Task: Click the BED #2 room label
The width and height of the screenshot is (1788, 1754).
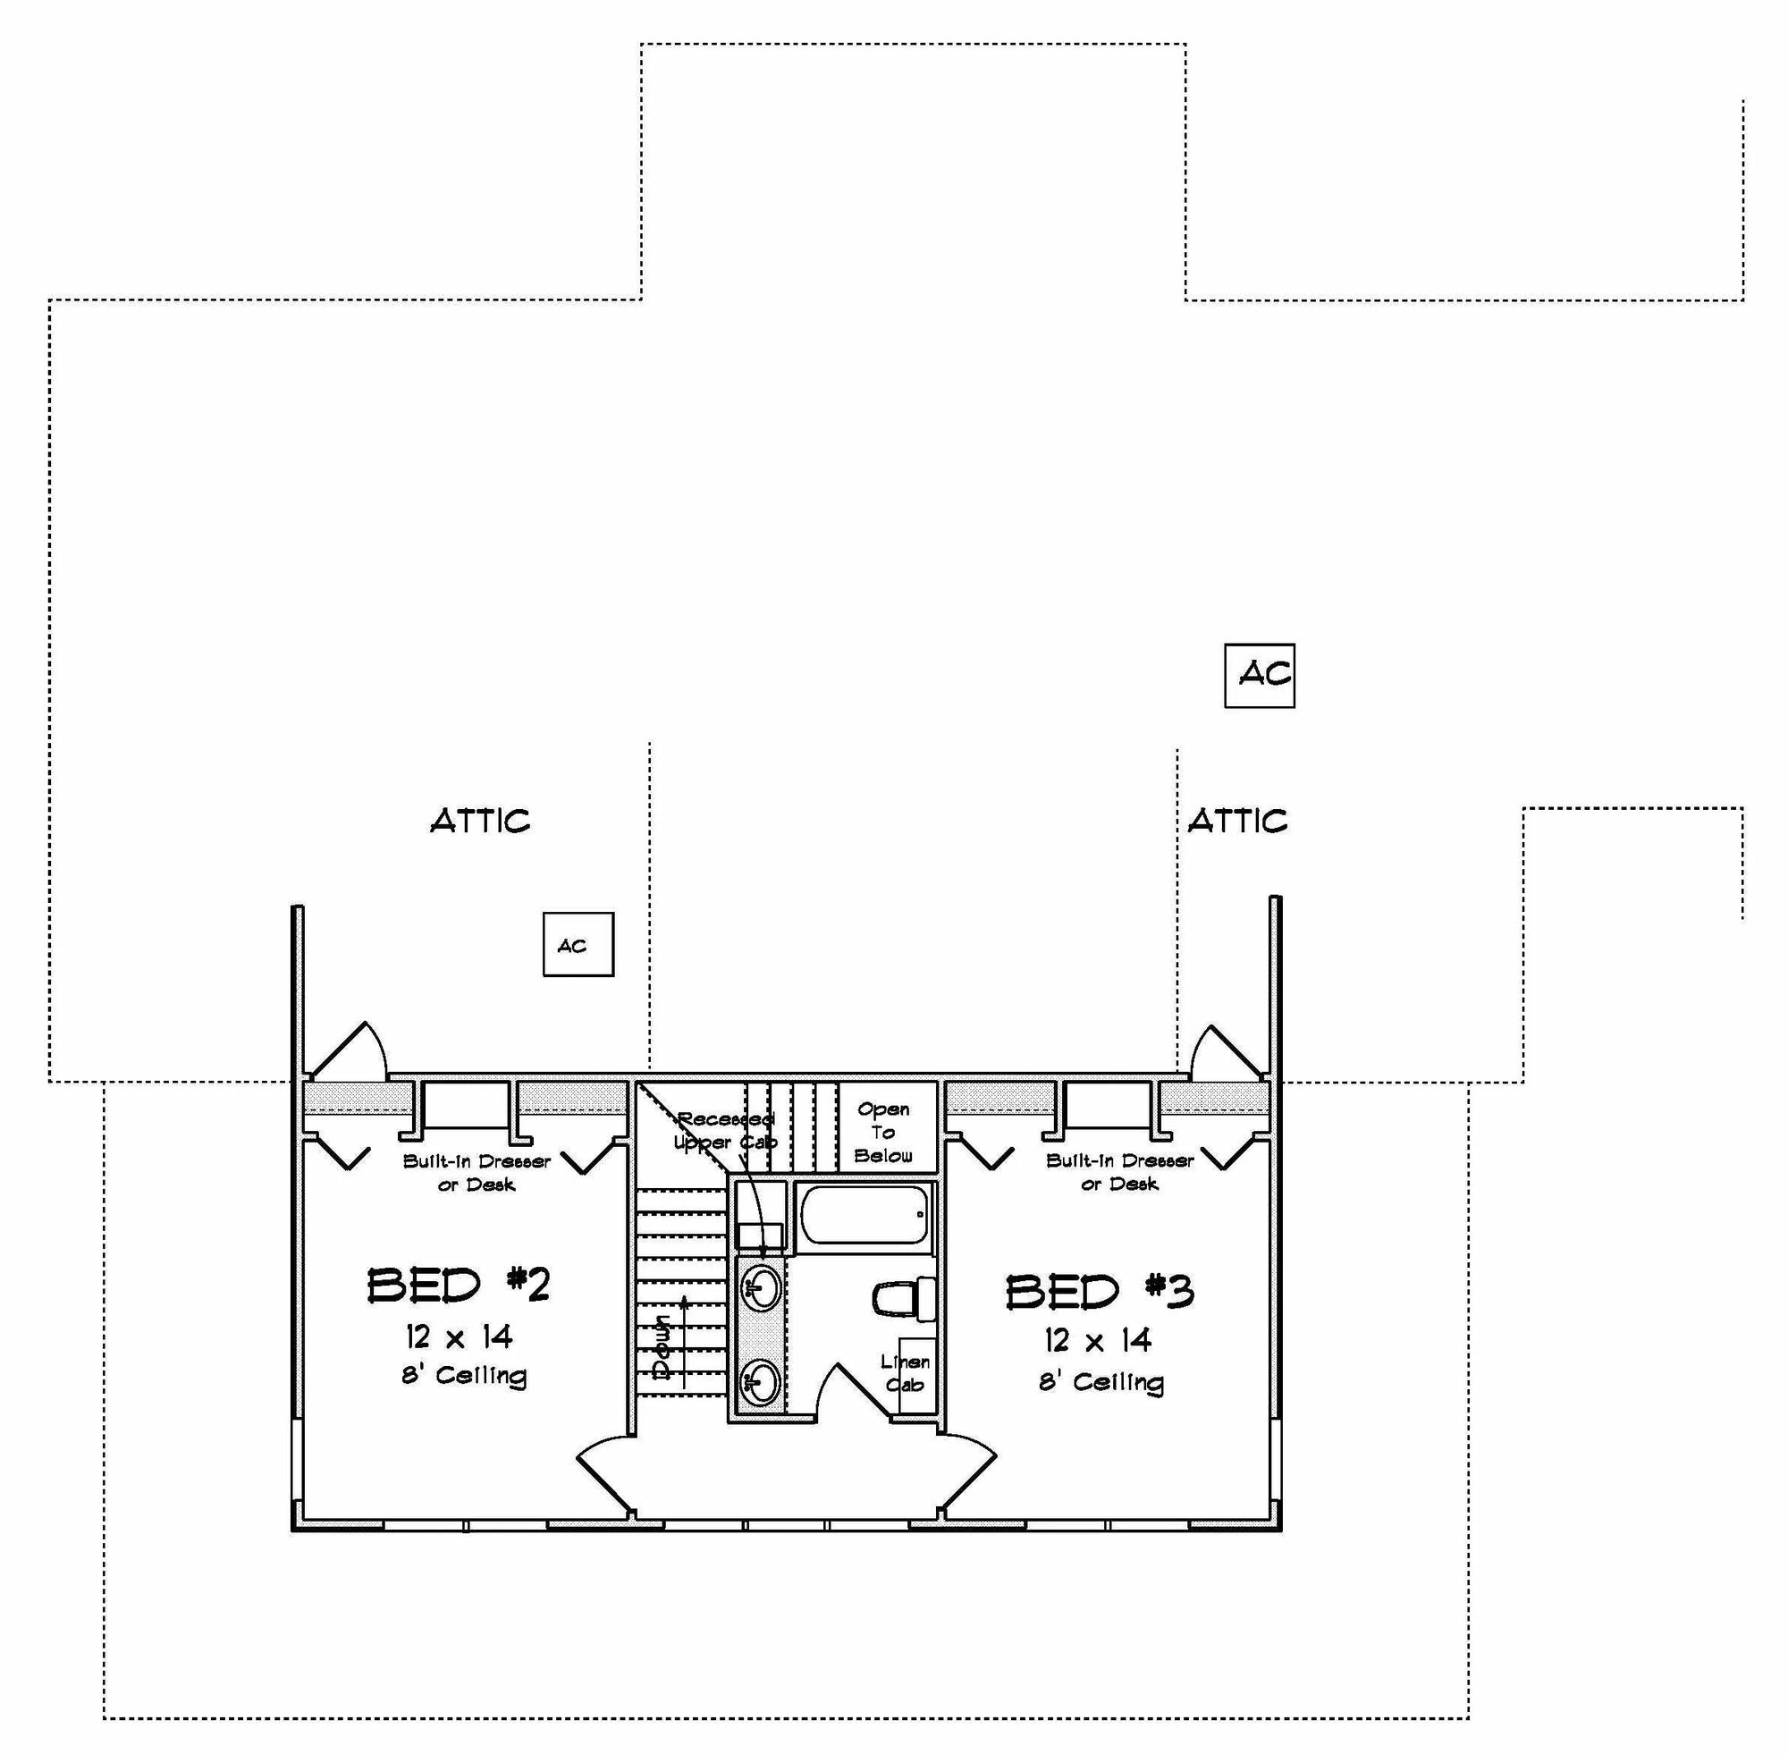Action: point(458,1285)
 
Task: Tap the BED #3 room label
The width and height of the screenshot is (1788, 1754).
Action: point(1100,1292)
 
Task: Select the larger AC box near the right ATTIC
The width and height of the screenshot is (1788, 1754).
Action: point(1260,675)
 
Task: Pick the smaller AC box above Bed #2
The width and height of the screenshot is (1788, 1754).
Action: point(578,944)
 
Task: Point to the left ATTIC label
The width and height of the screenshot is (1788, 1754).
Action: point(480,821)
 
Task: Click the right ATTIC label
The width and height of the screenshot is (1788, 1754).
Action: point(1237,821)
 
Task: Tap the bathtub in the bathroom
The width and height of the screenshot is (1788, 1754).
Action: point(865,1215)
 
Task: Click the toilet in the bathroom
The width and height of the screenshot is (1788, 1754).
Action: point(904,1300)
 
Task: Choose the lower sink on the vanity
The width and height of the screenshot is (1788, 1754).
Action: point(762,1382)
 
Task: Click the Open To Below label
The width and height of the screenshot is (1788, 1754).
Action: point(883,1132)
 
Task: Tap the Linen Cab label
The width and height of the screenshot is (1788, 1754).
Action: point(905,1372)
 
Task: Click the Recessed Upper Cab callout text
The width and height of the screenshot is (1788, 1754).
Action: point(726,1130)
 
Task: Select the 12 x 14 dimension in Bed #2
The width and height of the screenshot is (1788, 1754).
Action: point(459,1336)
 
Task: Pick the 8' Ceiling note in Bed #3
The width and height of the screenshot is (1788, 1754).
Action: point(1101,1382)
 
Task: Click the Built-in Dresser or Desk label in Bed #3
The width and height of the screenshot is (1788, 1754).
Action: point(1119,1172)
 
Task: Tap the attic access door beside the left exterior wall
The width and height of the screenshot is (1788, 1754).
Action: point(348,1050)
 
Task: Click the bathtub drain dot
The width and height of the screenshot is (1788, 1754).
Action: point(920,1214)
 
